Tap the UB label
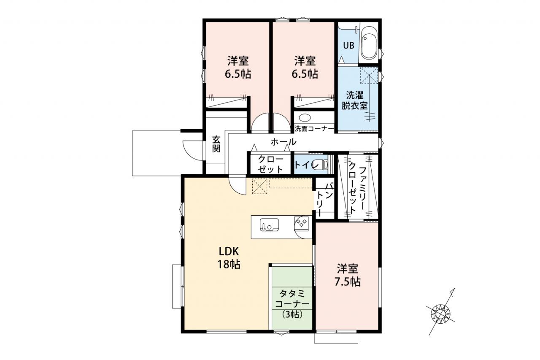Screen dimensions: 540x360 [348, 45]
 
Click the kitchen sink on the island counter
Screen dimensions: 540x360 [269, 225]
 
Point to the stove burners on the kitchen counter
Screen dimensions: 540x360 [302, 222]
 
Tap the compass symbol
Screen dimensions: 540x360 [441, 314]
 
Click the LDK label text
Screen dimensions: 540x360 [229, 252]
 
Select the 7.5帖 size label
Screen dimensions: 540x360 [347, 282]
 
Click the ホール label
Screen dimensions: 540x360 [283, 142]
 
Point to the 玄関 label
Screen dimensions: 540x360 [216, 144]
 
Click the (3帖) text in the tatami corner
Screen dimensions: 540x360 [292, 314]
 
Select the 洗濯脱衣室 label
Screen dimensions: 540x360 [355, 100]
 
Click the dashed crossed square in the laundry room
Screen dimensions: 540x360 [369, 76]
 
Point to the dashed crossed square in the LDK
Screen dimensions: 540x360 [259, 186]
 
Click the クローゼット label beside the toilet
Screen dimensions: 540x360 [270, 164]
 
